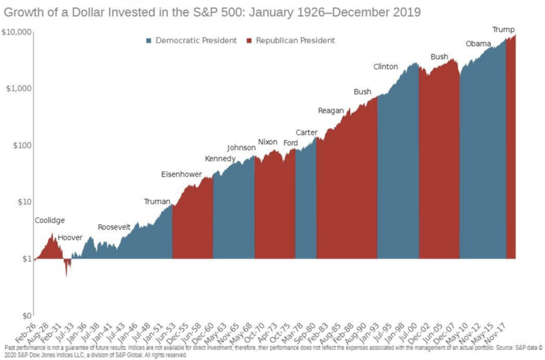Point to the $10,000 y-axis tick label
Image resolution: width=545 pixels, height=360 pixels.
click(18, 32)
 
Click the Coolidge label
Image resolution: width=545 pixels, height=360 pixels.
click(49, 220)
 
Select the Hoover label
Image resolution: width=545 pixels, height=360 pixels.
click(70, 238)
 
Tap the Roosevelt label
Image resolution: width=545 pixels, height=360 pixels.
click(114, 227)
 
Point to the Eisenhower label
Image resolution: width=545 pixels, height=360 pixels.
click(181, 174)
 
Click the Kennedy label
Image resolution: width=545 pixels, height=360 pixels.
click(220, 159)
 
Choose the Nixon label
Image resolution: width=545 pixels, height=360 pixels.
click(268, 142)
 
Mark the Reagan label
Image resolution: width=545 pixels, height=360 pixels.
click(331, 111)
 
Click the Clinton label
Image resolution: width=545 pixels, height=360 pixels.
click(386, 66)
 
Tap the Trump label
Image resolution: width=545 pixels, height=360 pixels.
click(503, 29)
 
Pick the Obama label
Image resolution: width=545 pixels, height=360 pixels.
click(478, 44)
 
